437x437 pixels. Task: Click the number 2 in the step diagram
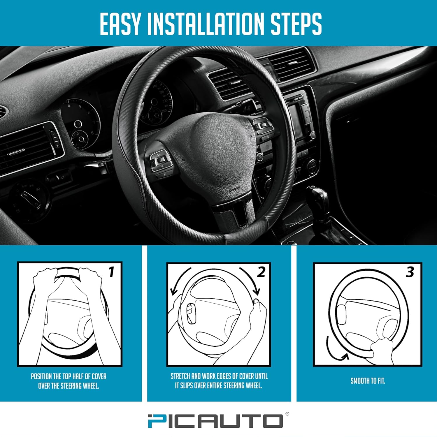tap(261, 272)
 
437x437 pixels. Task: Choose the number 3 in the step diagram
tap(410, 272)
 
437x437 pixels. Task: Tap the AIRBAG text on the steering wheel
tap(235, 191)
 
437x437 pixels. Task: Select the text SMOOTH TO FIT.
tap(368, 381)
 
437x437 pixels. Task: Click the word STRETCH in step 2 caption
tap(180, 376)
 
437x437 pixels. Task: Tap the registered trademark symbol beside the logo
tap(287, 414)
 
